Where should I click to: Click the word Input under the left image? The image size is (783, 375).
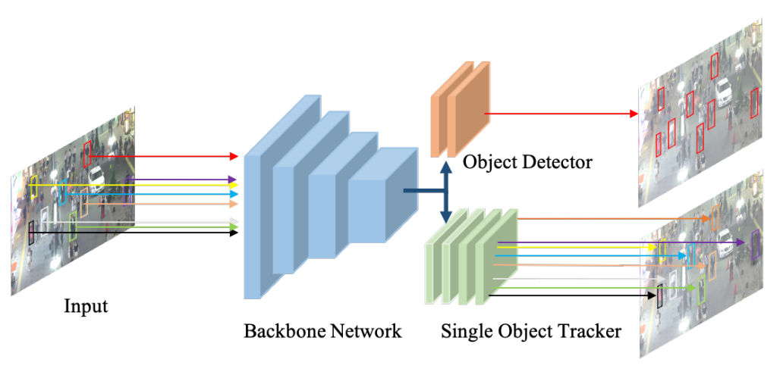pyautogui.click(x=86, y=307)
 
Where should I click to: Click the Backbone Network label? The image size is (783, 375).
pyautogui.click(x=322, y=332)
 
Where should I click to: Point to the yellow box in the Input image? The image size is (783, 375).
pyautogui.click(x=34, y=186)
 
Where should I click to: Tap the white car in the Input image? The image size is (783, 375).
pyautogui.click(x=97, y=177)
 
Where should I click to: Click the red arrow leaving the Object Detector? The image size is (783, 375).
pyautogui.click(x=561, y=114)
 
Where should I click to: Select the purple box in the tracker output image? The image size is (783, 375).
pyautogui.click(x=755, y=244)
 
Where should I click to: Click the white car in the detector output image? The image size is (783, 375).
pyautogui.click(x=724, y=92)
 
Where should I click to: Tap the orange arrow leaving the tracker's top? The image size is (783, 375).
pyautogui.click(x=615, y=219)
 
